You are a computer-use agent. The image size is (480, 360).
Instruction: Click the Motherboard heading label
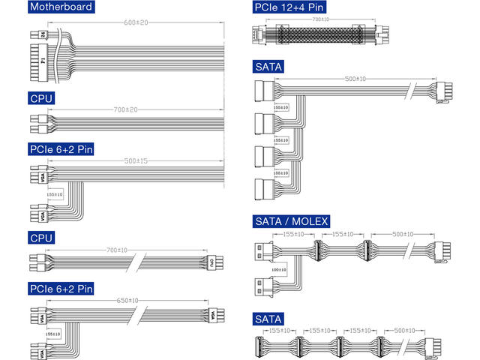(x=61, y=7)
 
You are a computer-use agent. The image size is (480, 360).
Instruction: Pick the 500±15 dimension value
(x=136, y=160)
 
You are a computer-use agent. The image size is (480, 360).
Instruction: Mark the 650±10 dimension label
(x=127, y=301)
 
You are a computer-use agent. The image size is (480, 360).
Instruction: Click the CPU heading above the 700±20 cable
(x=42, y=97)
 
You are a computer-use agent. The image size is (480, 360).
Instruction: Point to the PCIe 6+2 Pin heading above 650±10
(x=61, y=288)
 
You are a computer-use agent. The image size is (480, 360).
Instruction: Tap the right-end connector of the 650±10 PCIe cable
(x=214, y=314)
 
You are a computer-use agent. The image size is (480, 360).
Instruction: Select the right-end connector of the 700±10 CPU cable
(x=212, y=262)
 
